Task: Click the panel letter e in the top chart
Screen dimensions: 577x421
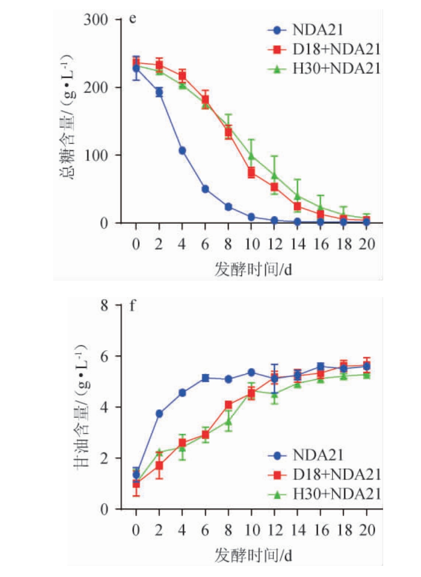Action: pos(132,19)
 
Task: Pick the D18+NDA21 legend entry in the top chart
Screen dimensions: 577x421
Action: pos(324,49)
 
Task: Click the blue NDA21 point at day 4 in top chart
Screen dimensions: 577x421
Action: pos(182,151)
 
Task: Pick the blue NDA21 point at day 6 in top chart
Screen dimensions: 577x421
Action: pos(205,189)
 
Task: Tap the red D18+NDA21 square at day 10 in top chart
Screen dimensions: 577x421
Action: pos(251,173)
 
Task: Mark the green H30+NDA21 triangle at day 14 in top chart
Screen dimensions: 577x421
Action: pos(297,196)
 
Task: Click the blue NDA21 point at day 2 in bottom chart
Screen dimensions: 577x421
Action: pos(159,414)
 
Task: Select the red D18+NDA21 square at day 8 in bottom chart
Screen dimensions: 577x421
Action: pos(228,405)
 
